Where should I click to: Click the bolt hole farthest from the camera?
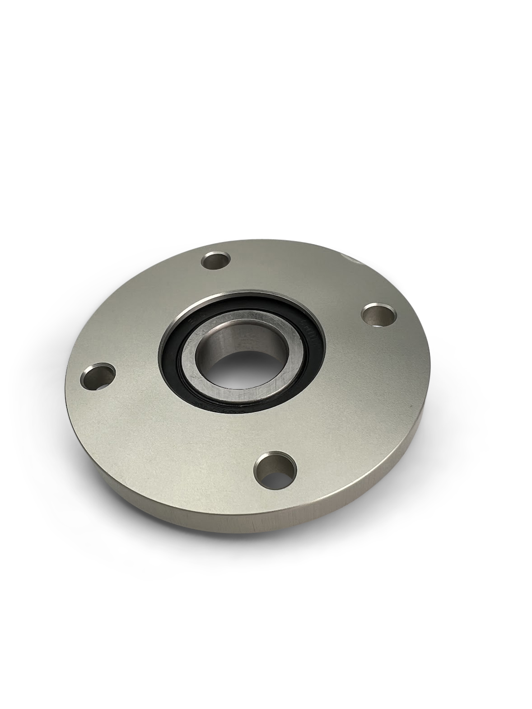216,261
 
